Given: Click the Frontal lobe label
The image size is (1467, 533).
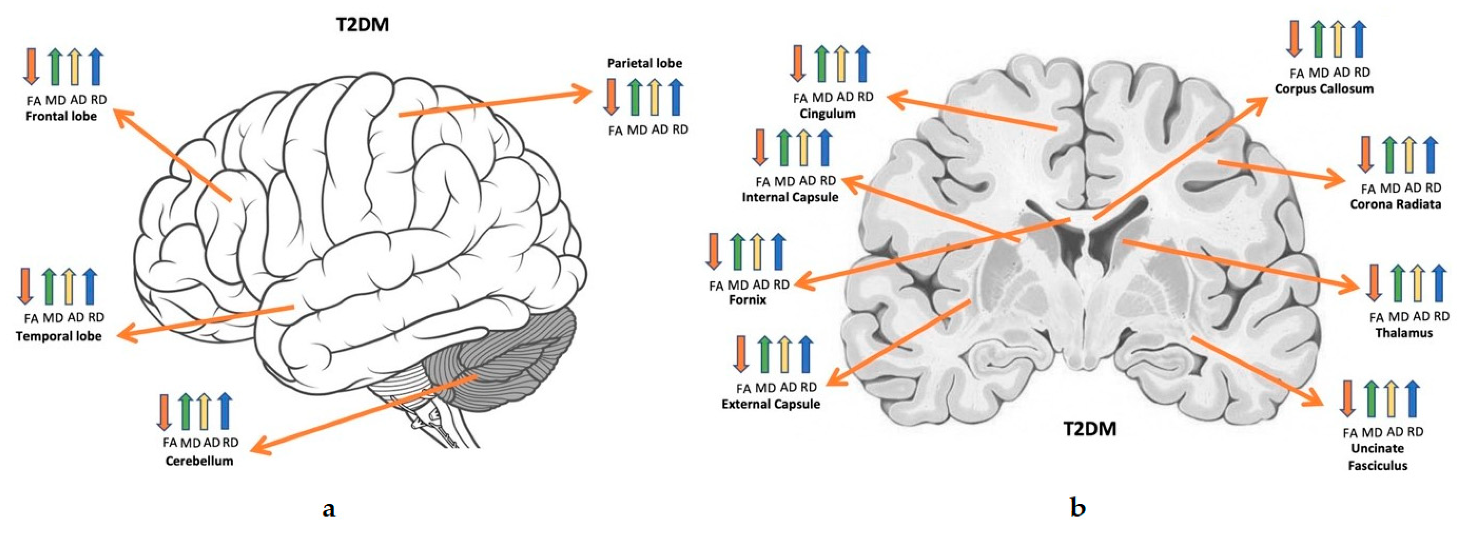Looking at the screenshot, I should coord(61,116).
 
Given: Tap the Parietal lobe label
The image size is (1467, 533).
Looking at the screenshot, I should coord(644,63).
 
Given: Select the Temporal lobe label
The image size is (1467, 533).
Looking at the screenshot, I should coord(59,336).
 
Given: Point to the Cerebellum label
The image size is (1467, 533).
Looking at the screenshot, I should coord(199,461).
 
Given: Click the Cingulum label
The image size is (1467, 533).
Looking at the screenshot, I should coord(827,113).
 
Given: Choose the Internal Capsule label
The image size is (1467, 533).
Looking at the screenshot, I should coord(790,197).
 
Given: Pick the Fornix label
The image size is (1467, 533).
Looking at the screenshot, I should coord(747,299).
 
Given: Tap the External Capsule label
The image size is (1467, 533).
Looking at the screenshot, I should coord(771,404).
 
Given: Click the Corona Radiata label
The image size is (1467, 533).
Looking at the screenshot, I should coord(1395,204).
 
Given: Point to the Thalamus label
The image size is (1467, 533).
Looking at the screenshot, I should coord(1404,333).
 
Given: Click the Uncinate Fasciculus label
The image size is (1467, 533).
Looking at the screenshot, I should coord(1377,457).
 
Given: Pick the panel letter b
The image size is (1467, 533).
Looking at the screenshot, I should coord(1077,507).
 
